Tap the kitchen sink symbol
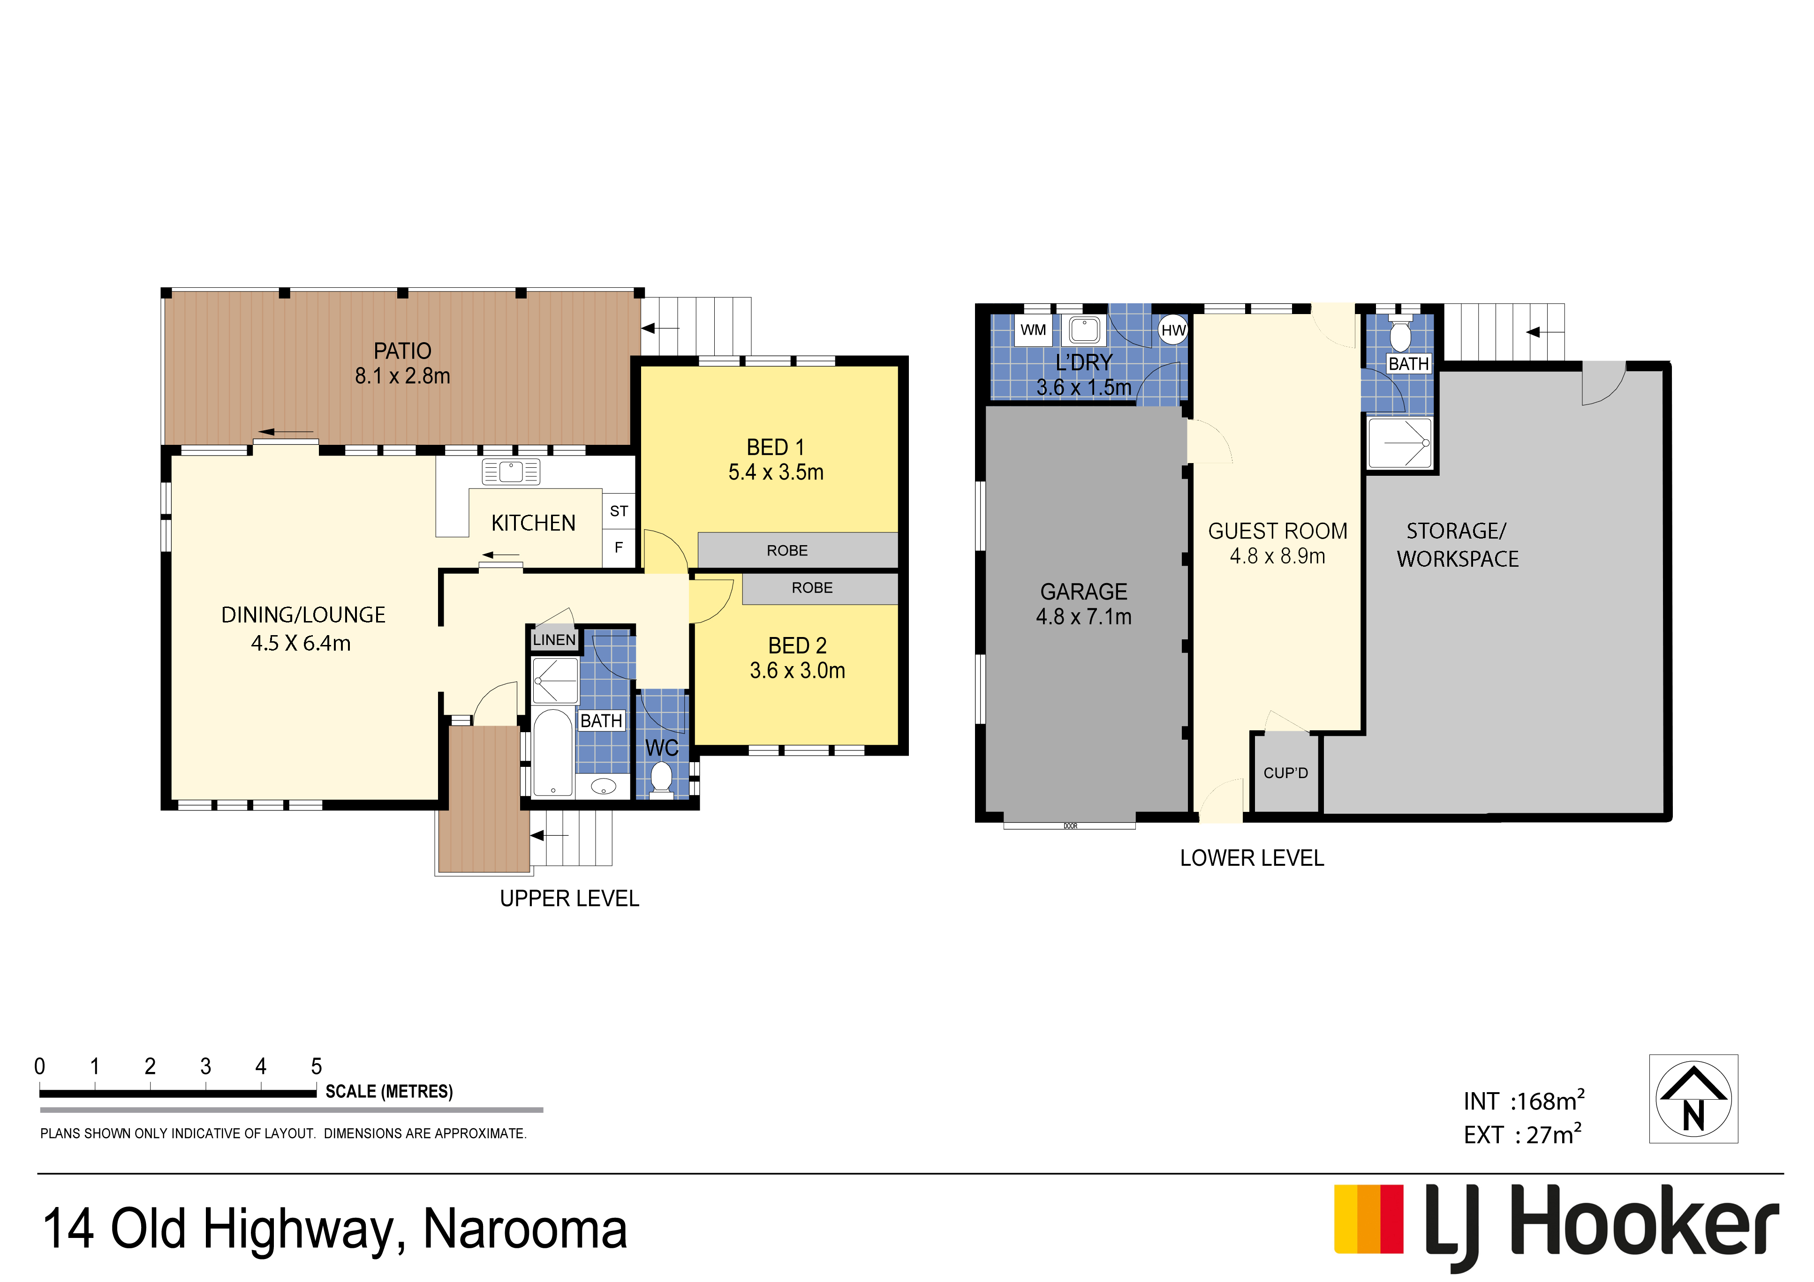(x=510, y=472)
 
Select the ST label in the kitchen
(x=619, y=511)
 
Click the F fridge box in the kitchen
(x=619, y=547)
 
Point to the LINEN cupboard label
(x=554, y=640)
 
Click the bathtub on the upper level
(x=552, y=752)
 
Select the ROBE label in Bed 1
(x=787, y=551)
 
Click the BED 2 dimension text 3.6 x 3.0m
(x=797, y=671)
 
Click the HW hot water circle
(x=1173, y=330)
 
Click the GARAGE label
(x=1083, y=592)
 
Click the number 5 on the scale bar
(x=316, y=1066)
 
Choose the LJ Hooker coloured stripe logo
(x=1368, y=1219)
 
